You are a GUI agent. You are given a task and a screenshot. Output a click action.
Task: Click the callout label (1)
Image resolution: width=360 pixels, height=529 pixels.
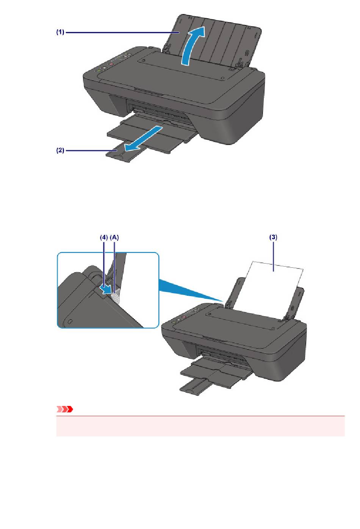coord(60,32)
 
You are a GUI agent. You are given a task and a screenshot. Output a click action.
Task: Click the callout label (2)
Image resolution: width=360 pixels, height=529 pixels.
coord(60,150)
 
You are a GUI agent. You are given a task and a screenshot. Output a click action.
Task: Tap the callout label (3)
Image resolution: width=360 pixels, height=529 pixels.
coord(274,237)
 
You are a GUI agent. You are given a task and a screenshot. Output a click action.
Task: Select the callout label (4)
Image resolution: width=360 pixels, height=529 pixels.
coord(104,237)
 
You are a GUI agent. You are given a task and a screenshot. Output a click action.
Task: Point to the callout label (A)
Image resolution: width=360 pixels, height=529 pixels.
coord(114,237)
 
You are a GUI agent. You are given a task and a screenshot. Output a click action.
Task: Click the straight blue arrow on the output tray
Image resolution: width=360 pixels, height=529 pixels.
coord(143,139)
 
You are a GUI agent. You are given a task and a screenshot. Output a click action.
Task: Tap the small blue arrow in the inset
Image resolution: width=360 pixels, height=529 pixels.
coord(105,290)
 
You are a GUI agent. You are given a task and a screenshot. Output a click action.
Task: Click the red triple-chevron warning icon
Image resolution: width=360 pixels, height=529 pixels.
coord(64,409)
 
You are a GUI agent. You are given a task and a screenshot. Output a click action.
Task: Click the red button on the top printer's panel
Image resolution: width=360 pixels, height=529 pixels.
coord(111,64)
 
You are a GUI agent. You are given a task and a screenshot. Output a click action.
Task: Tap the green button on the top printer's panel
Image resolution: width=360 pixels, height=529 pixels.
coord(98,70)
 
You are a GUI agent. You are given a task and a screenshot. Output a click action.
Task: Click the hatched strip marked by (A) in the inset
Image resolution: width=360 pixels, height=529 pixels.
coord(116,296)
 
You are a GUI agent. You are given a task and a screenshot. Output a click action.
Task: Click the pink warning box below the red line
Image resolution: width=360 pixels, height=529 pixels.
coord(200,426)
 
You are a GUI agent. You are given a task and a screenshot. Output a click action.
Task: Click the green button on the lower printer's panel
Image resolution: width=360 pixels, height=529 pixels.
coord(174,321)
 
